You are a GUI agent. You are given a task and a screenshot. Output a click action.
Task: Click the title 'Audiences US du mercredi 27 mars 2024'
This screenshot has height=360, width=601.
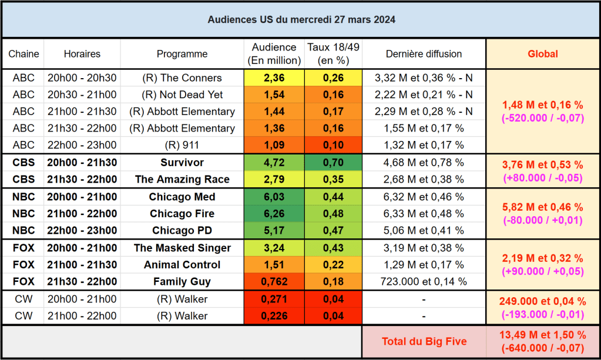(301, 19)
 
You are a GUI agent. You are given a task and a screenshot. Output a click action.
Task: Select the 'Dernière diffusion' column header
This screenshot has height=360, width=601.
(424, 54)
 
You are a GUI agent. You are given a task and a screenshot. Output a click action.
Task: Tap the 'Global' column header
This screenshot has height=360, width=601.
(542, 54)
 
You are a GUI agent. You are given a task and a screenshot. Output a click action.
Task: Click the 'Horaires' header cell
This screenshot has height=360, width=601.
(82, 54)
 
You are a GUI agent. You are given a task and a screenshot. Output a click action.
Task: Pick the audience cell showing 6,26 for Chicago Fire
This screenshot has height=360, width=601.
(274, 214)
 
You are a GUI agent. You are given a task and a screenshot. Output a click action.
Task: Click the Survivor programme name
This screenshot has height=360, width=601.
(182, 163)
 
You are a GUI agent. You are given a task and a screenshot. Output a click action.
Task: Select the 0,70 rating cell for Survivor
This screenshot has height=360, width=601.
(333, 163)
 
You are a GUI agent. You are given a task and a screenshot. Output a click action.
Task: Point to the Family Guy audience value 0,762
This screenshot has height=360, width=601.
(274, 282)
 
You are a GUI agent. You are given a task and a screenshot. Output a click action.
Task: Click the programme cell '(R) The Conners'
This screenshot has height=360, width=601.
(182, 78)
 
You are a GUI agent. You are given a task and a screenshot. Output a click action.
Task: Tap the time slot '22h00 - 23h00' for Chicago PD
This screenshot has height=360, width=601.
(82, 230)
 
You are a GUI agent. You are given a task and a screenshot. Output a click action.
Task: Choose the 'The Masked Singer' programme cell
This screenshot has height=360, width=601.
(182, 248)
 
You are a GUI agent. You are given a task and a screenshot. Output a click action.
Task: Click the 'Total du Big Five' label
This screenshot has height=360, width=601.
(424, 341)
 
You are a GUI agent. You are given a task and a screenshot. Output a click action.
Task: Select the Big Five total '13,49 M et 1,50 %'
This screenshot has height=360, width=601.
(542, 335)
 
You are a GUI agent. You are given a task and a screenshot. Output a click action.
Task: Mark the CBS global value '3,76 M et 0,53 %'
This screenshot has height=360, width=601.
(542, 165)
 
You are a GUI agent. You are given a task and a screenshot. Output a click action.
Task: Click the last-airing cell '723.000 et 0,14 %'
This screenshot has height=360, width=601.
(424, 282)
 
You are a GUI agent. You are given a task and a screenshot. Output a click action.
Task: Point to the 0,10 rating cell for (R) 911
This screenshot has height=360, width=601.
(333, 145)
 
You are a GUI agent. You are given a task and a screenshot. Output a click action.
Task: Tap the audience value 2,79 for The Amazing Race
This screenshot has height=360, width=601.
(274, 180)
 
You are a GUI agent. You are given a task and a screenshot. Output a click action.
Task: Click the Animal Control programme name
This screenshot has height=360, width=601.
(182, 265)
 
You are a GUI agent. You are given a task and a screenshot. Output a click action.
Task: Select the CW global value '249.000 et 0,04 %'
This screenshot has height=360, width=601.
(542, 302)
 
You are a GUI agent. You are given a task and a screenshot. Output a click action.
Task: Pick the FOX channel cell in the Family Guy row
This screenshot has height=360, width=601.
(23, 282)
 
